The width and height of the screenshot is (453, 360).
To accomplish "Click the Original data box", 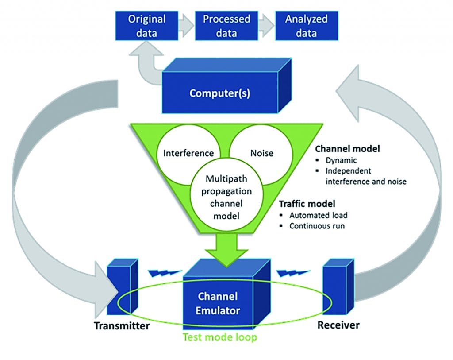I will (x=146, y=26).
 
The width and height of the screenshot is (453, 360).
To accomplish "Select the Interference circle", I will (x=188, y=153).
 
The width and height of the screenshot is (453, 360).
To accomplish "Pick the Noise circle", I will (x=262, y=153).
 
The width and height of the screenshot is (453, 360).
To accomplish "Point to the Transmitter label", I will (x=122, y=326).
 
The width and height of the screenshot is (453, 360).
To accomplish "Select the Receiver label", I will (x=338, y=325).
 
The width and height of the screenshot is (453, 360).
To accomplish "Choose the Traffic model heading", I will (x=307, y=205).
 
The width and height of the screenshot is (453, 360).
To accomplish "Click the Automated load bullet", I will (x=318, y=215).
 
